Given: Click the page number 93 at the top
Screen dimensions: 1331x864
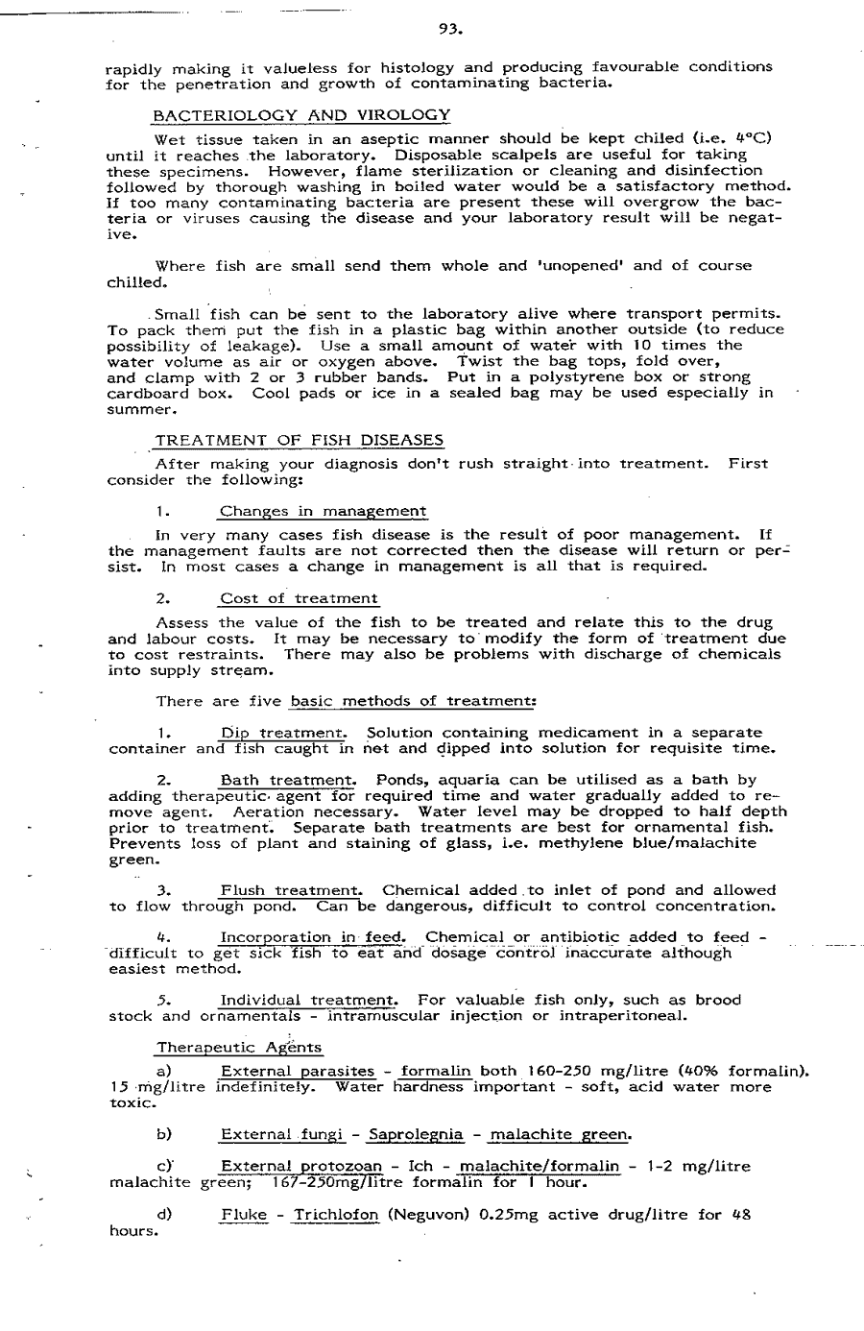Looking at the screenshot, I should (x=450, y=29).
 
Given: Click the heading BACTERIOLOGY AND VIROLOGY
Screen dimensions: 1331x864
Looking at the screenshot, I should (x=301, y=115).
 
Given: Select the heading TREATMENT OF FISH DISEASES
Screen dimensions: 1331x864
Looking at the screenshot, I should (x=299, y=441).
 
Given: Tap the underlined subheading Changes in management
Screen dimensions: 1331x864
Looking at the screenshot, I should (x=324, y=511).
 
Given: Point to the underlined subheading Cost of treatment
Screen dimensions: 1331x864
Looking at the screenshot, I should (x=299, y=598).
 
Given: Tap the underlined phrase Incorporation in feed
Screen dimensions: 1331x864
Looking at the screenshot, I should (x=314, y=937).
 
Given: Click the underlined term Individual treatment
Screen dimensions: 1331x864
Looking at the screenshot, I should (x=308, y=1000).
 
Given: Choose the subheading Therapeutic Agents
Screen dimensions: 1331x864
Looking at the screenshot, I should (x=239, y=1048).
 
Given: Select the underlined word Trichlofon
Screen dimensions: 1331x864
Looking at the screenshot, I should (x=336, y=1214).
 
